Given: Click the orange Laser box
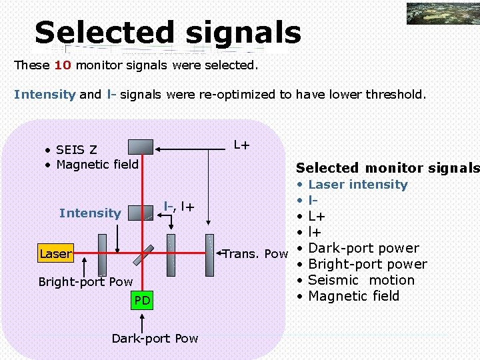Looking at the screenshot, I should point(55,254).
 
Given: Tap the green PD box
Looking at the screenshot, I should point(142,301).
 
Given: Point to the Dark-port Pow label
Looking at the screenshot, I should point(155,339).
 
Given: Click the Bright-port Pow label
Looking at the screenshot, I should point(85,282).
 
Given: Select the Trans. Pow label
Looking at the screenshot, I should point(255,254).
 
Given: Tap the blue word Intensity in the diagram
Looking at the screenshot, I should point(90,213).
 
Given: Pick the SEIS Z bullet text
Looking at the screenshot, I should point(77,149).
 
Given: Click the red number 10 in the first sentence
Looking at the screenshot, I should point(63,65).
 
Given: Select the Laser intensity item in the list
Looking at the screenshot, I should point(358,185).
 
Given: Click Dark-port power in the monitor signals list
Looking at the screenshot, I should point(363,249).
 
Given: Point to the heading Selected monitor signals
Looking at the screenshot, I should point(387,168).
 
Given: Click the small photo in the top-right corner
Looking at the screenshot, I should point(442,14).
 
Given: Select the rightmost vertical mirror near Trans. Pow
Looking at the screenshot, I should point(211,254).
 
